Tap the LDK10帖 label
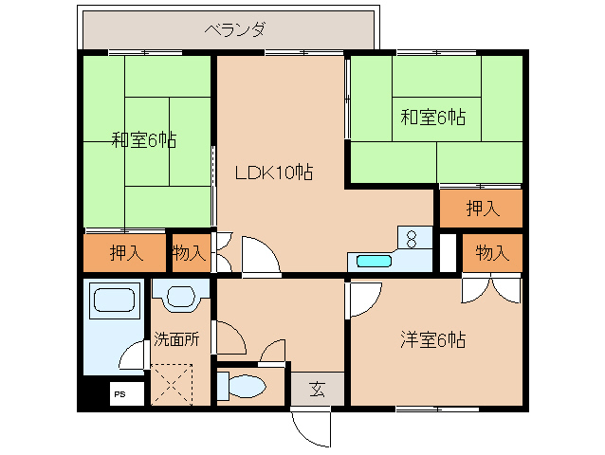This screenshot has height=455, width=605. pos(274,173)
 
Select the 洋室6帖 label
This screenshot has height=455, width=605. pos(431,339)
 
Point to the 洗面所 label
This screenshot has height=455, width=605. pos(175,339)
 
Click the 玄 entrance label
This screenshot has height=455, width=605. pos(317,388)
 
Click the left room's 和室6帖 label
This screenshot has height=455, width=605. pos(143,140)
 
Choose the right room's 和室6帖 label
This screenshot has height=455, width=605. pos(432,118)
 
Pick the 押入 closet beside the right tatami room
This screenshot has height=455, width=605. pos(480,209)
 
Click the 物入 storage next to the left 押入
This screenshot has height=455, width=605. pos(190,252)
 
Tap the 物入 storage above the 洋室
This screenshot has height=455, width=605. pos(492,252)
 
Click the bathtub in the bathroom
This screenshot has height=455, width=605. pos(114,302)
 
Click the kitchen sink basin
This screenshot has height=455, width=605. pos(374,260)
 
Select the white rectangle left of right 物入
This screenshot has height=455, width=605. pos(448,252)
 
